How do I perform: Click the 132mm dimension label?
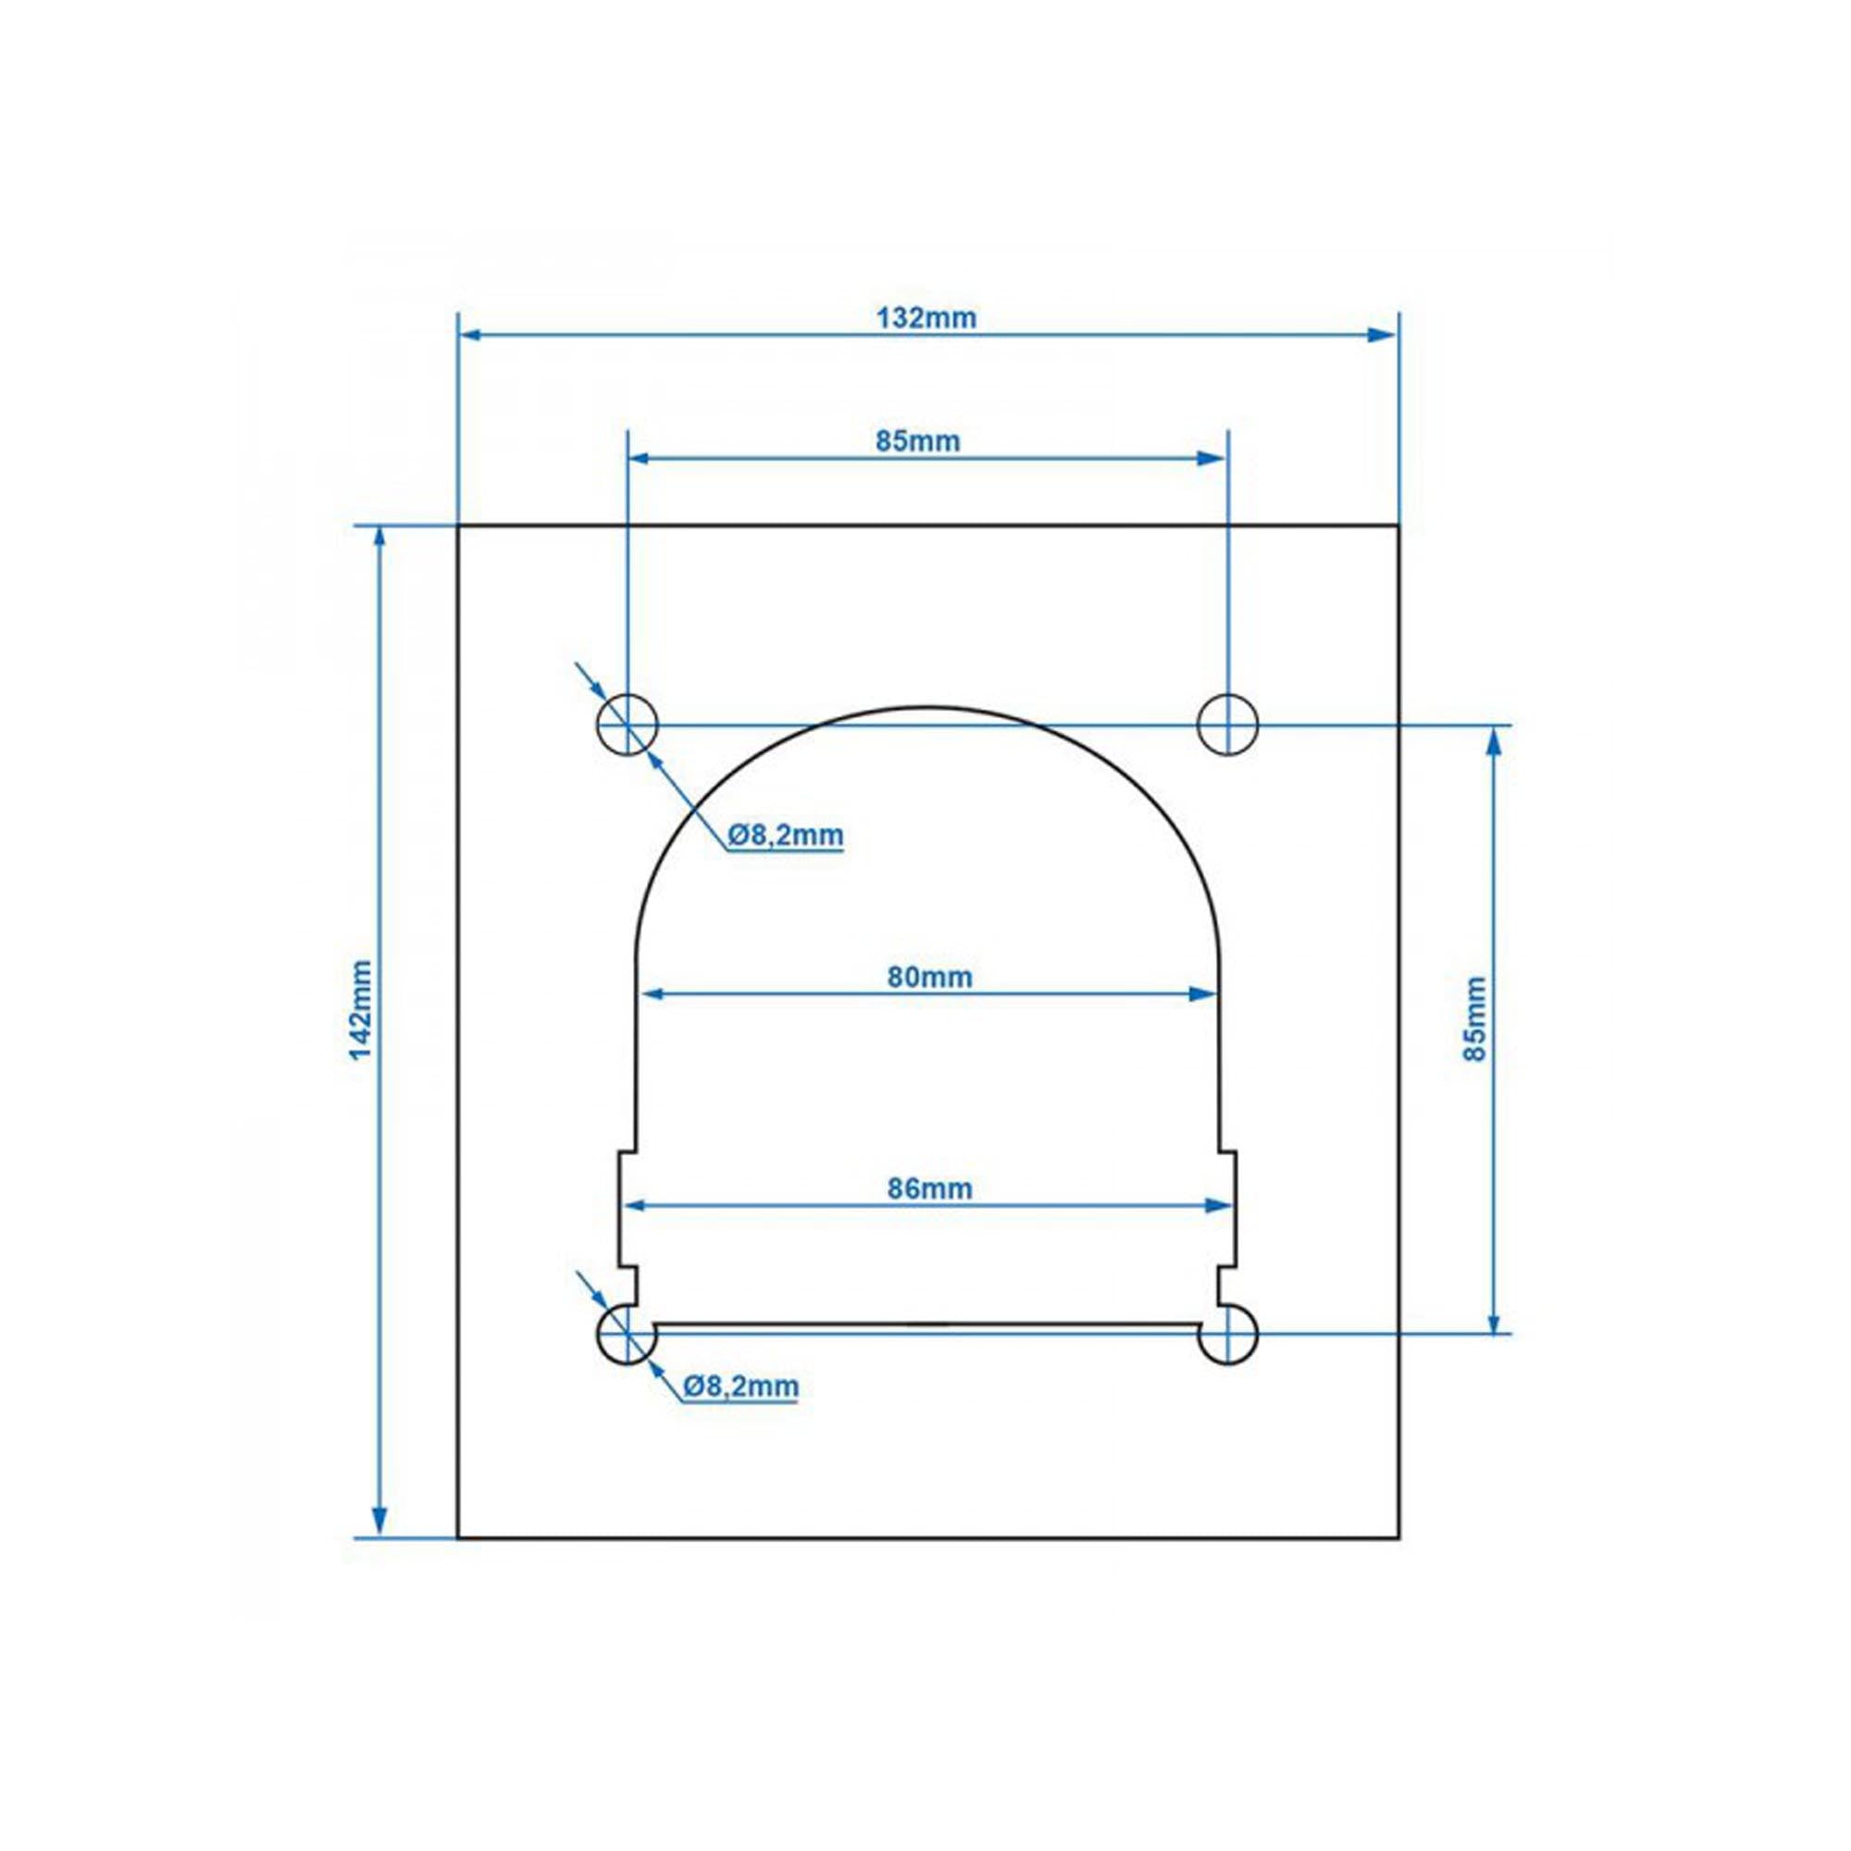click(925, 317)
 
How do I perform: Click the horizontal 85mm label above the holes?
click(917, 441)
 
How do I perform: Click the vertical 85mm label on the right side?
click(1474, 1018)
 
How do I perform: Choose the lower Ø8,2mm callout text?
click(740, 1385)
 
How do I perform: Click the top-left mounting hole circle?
click(627, 726)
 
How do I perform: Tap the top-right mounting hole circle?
click(1227, 726)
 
